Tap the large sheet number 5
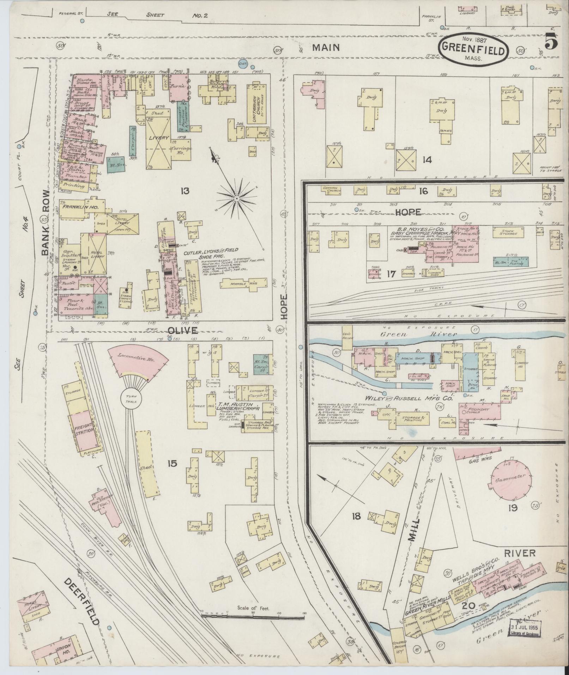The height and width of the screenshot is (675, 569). click(x=551, y=43)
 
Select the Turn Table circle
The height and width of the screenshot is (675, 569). click(x=136, y=399)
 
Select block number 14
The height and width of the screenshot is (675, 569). click(x=426, y=160)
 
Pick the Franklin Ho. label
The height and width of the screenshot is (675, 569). click(x=77, y=207)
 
